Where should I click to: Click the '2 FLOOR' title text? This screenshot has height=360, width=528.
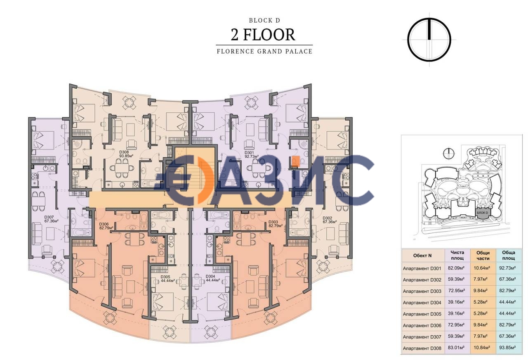pos(264,35)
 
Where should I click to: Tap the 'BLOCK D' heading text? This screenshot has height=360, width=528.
pos(264,19)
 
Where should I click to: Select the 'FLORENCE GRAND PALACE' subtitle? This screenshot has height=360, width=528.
pos(264,52)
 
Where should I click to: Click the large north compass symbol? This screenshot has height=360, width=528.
pos(429,40)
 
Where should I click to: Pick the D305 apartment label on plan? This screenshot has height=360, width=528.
pos(167,278)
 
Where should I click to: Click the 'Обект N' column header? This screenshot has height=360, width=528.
pos(423,256)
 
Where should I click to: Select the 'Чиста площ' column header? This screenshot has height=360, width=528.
pos(457,256)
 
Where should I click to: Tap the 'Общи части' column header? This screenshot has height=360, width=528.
pos(483,256)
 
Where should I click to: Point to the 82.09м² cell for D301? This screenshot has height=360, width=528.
pos(457,268)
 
